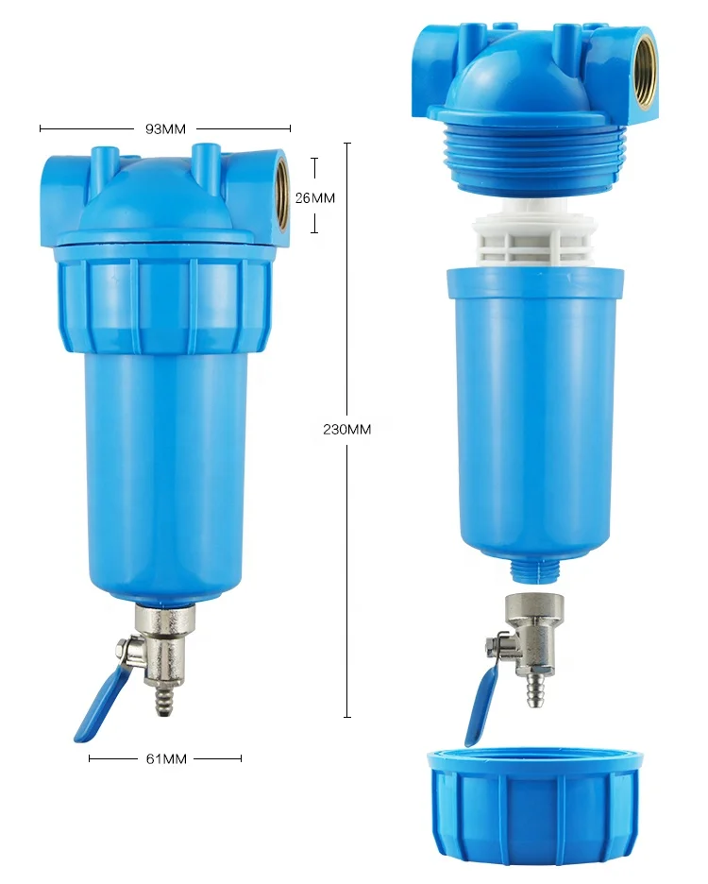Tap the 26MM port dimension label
(314, 197)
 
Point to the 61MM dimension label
(165, 758)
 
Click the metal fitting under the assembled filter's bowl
(165, 623)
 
